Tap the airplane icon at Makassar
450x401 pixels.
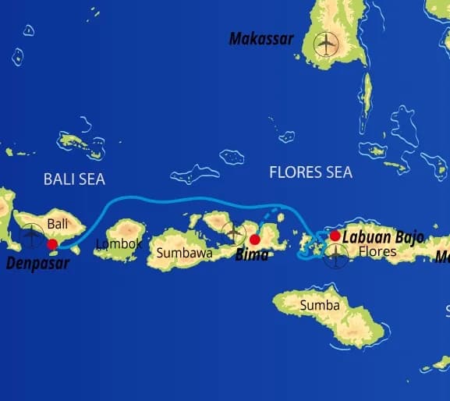coord(325,45)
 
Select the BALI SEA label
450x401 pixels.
coord(73,179)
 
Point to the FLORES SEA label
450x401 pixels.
coord(310,172)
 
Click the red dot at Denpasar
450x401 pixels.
coord(52,244)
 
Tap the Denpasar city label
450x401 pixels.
coord(37,263)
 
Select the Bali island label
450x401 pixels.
coord(58,224)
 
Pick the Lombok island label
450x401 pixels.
coord(118,244)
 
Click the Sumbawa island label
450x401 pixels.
coord(184,253)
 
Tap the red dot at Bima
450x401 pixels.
coord(254,240)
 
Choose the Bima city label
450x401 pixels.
coord(252,255)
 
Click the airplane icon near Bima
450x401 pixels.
coord(233,232)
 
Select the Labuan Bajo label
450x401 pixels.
coord(382,236)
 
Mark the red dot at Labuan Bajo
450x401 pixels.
coord(335,236)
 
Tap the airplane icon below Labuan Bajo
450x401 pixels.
coord(336,255)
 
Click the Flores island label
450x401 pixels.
coord(377,252)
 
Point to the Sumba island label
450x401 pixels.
coord(320,305)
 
